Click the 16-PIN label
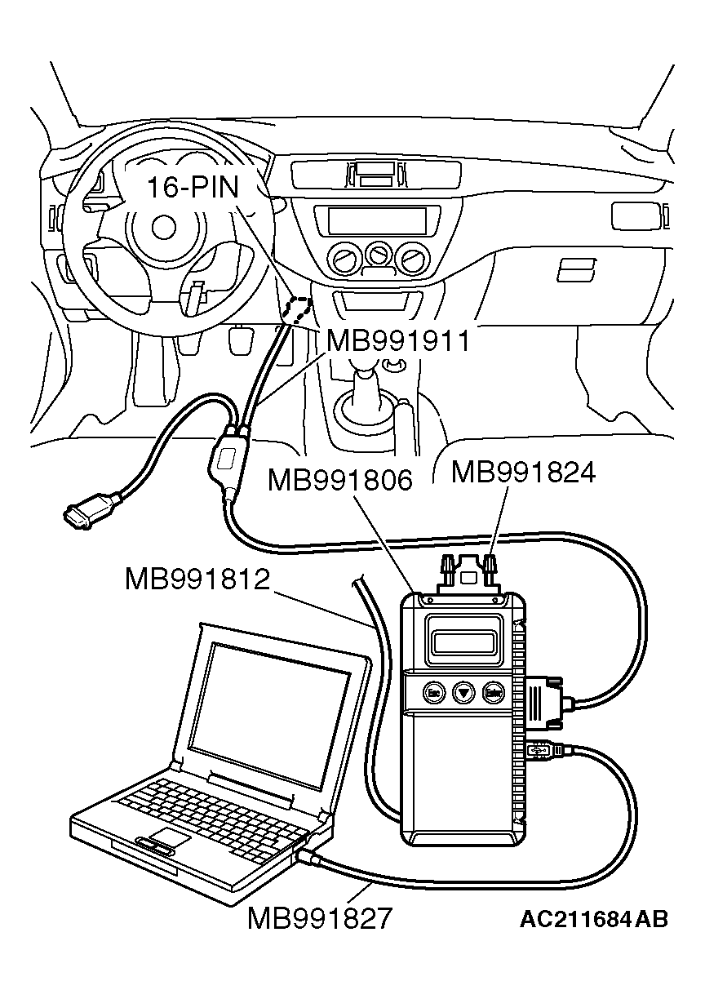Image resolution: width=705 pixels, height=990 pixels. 193,187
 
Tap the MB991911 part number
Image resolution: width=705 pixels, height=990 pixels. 398,340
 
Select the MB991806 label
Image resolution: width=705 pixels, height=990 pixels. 340,481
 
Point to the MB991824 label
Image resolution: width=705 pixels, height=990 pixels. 524,472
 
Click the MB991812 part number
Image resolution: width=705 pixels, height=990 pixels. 197,579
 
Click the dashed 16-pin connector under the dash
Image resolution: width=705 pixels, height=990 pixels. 298,309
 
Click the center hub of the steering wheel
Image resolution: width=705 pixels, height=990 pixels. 164,227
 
